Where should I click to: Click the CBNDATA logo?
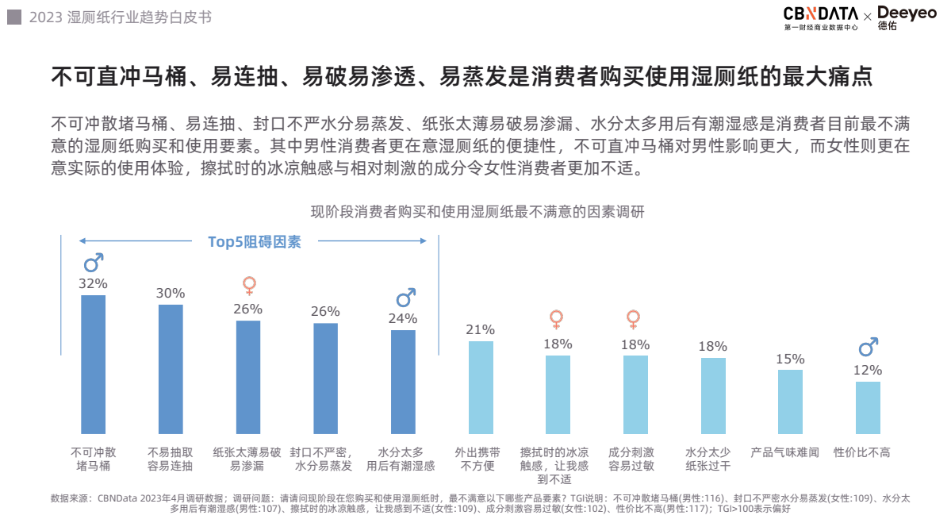point(820,14)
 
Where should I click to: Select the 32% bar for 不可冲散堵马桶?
point(94,364)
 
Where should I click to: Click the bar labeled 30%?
point(171,369)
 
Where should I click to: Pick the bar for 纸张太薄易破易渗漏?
point(248,377)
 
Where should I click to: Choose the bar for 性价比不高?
point(868,408)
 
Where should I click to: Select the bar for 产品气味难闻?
point(790,402)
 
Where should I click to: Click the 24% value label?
point(403,318)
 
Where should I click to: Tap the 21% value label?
point(481,329)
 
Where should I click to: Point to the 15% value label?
point(790,359)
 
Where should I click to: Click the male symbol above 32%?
point(94,263)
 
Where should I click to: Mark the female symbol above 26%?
point(249,286)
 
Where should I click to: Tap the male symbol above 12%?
point(869,347)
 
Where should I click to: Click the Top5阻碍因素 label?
point(255,242)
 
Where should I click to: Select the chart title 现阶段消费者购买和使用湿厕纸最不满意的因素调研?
point(477,212)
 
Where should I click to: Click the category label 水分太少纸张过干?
point(707,459)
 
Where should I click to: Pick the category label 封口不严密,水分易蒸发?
point(324,459)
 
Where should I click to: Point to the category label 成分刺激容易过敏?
point(631,459)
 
